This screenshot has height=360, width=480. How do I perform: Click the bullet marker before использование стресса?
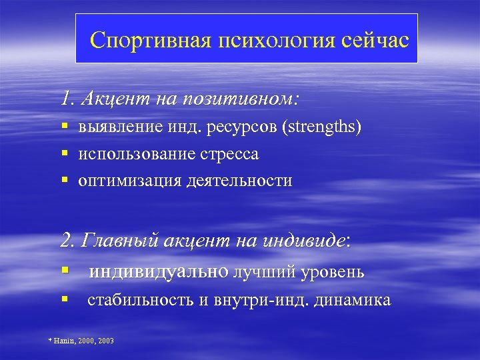(x=65, y=154)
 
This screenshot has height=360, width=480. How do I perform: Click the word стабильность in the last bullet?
(x=141, y=300)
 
